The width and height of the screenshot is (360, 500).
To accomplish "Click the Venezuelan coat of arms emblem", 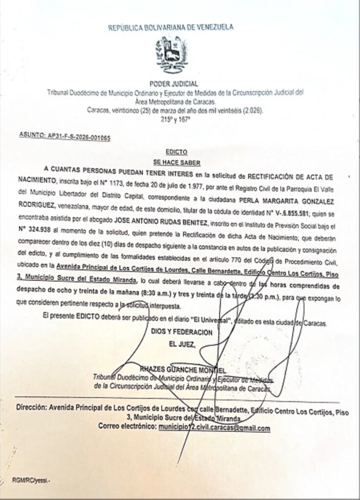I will pos(170,54).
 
